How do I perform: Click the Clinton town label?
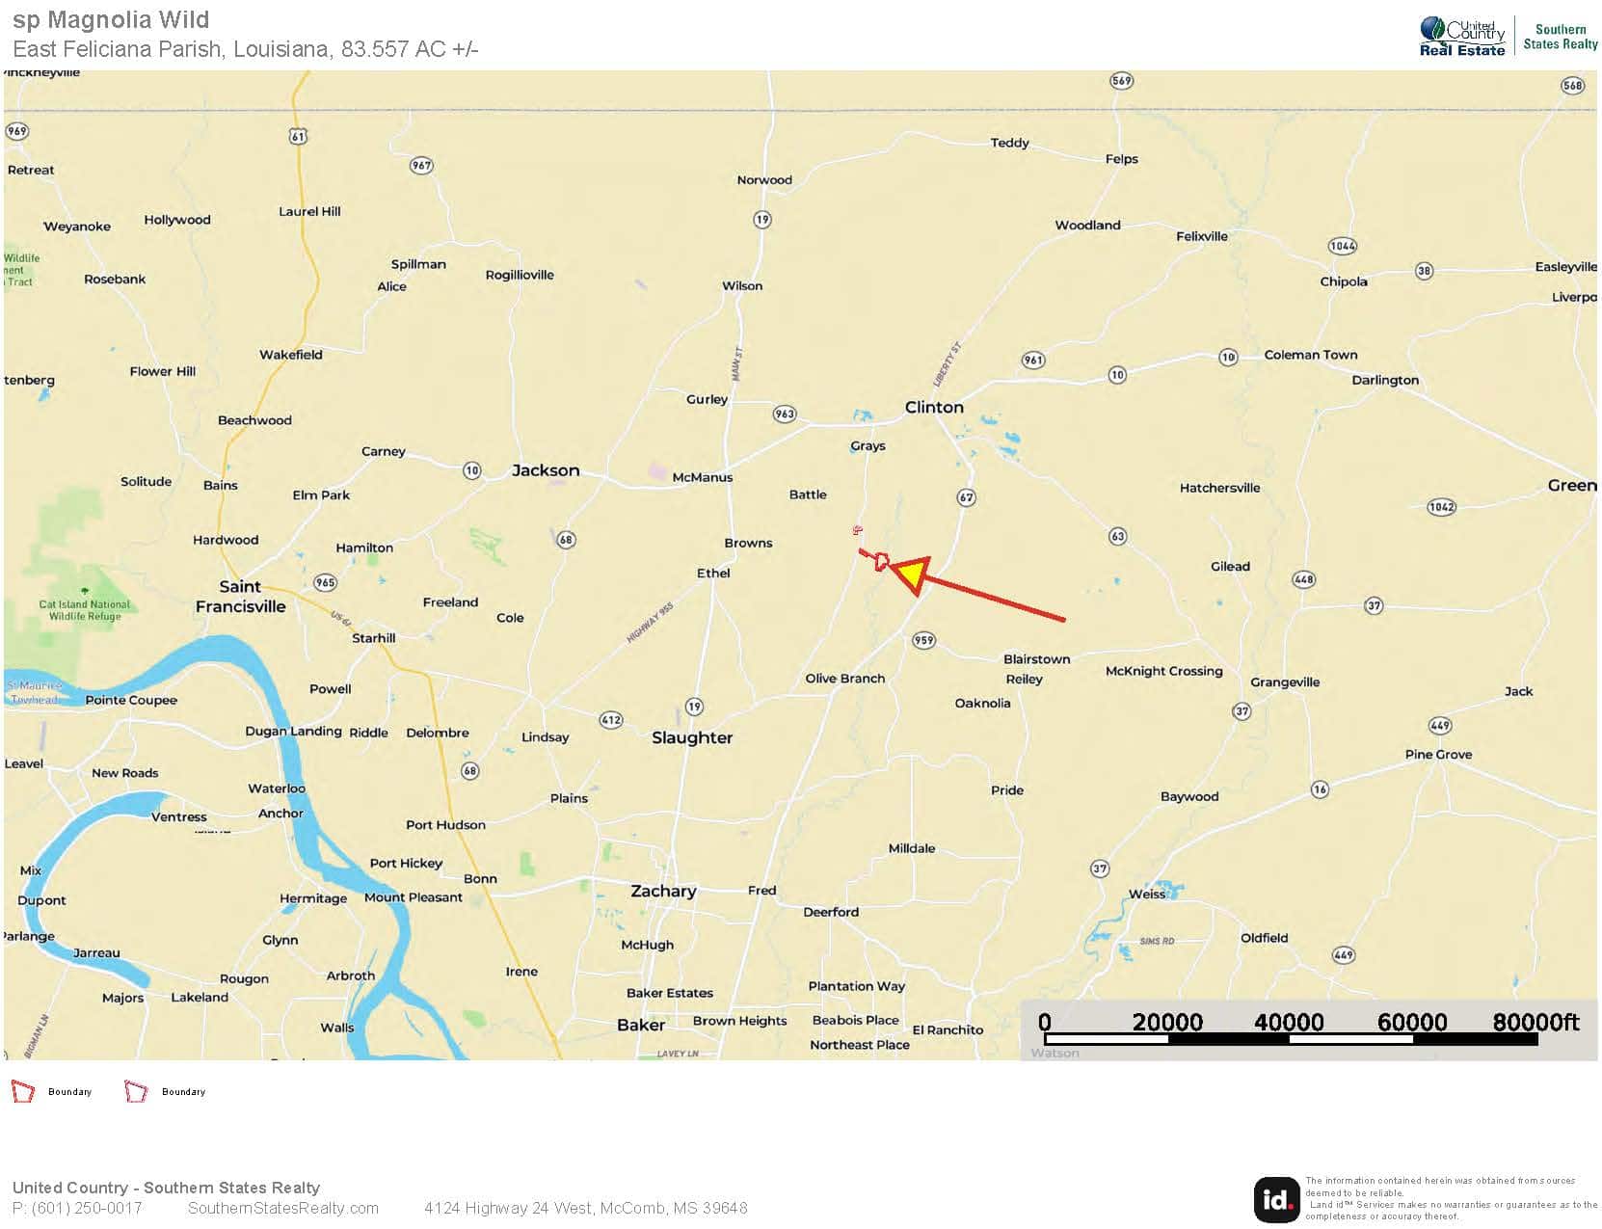(933, 407)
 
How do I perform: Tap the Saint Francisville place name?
(240, 597)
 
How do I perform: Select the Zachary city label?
(663, 891)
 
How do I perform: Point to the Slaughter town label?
(691, 737)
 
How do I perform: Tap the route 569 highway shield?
(1121, 80)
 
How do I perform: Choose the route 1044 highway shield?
(1342, 246)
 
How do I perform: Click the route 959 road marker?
(923, 640)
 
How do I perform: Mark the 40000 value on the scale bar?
(1289, 1022)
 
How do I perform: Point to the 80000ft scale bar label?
(1535, 1022)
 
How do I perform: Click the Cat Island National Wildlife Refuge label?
(84, 610)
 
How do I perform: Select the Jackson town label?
(546, 470)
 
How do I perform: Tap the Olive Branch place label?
(844, 679)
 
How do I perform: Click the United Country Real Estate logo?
(1461, 37)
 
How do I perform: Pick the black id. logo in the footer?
(1276, 1199)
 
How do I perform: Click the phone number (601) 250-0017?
(77, 1208)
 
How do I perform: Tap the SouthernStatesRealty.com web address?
(283, 1208)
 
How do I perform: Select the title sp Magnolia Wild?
(111, 19)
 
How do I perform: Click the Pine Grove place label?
(1438, 754)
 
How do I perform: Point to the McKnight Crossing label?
(1163, 671)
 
